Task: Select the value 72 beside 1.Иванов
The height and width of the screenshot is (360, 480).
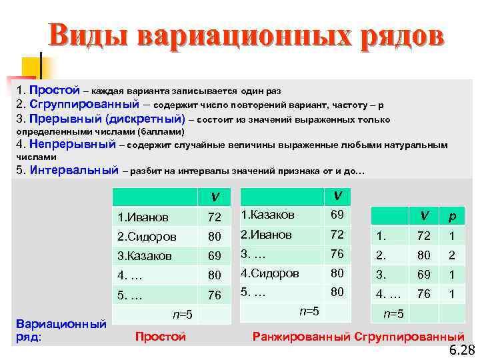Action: tap(214, 217)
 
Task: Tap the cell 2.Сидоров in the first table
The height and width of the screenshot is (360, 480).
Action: tap(146, 236)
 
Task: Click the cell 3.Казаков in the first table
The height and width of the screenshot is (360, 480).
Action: tap(144, 255)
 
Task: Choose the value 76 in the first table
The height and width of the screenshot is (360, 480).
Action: tap(214, 294)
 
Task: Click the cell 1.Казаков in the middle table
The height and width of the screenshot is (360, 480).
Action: tap(269, 215)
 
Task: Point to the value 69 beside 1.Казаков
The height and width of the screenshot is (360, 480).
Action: tap(337, 215)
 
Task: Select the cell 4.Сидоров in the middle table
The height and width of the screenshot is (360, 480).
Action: tap(270, 273)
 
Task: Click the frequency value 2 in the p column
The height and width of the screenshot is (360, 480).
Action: tap(451, 255)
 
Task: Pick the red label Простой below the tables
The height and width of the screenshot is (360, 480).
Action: tap(160, 337)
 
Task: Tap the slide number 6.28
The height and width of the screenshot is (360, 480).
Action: tap(461, 351)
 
